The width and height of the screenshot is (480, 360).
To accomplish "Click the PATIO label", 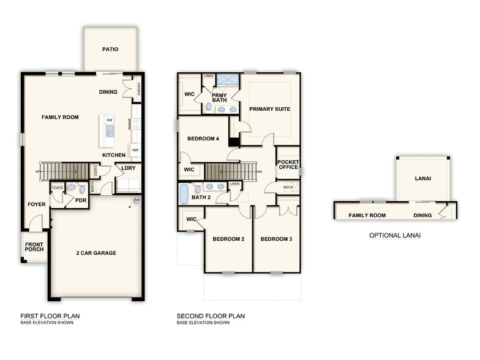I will [110, 50].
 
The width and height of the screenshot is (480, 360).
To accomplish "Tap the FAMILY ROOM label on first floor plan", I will [60, 117].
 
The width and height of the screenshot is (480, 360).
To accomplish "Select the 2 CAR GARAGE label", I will [97, 253].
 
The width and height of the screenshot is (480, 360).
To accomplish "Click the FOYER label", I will [36, 204].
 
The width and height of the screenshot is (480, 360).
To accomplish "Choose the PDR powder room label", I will [81, 200].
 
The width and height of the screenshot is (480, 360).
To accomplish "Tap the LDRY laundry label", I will [128, 168].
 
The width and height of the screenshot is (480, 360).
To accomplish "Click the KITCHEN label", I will [114, 155].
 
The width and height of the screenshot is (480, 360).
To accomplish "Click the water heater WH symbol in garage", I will [136, 200].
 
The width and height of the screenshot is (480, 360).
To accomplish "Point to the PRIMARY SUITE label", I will [269, 109].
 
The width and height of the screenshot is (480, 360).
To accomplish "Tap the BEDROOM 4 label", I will [203, 139].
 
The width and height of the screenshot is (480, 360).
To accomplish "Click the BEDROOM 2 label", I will [228, 239].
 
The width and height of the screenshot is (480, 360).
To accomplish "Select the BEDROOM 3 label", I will [276, 239].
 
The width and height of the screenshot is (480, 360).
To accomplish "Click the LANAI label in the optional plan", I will [422, 178].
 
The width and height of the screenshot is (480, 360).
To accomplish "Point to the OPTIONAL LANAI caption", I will [394, 235].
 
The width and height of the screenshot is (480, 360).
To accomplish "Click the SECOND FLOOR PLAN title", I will [211, 317].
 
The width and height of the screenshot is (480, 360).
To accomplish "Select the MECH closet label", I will [288, 187].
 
